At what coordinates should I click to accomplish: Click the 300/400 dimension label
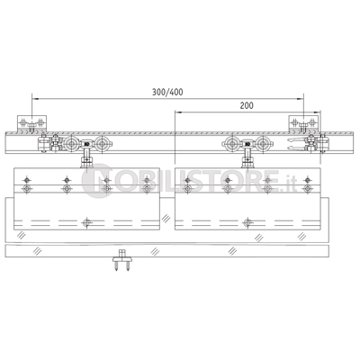(x=167, y=92)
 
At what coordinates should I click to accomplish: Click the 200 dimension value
(x=247, y=105)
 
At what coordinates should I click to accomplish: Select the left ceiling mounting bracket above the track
(x=31, y=123)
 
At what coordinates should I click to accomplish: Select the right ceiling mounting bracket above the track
(x=303, y=123)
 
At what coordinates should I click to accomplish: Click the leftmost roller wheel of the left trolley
(x=71, y=144)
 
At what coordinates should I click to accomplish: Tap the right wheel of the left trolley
(x=103, y=144)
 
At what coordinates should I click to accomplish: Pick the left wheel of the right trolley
(x=232, y=144)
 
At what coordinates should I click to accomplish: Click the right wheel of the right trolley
(x=263, y=144)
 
